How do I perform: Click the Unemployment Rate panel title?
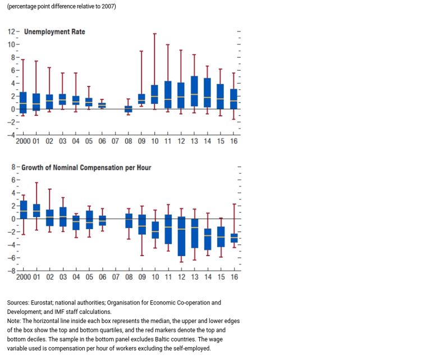[x=54, y=31]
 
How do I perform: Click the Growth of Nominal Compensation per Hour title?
[x=86, y=167]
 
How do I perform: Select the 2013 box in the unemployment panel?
[x=194, y=92]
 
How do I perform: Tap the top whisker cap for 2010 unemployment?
[x=155, y=34]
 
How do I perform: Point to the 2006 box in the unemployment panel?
[x=102, y=106]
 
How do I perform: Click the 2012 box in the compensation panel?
[x=181, y=236]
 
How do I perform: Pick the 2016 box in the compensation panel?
[x=234, y=238]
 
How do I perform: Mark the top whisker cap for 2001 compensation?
[x=36, y=183]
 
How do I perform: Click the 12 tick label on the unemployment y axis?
[x=11, y=31]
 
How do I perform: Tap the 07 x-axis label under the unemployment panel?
[x=115, y=142]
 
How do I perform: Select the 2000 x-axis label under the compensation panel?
[x=24, y=277]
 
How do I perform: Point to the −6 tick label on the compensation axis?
[x=11, y=258]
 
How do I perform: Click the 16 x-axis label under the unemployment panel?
[x=233, y=142]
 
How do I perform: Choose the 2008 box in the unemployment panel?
[x=129, y=109]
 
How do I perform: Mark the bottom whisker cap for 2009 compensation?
[x=142, y=256]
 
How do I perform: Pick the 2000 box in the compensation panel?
[x=24, y=210]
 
